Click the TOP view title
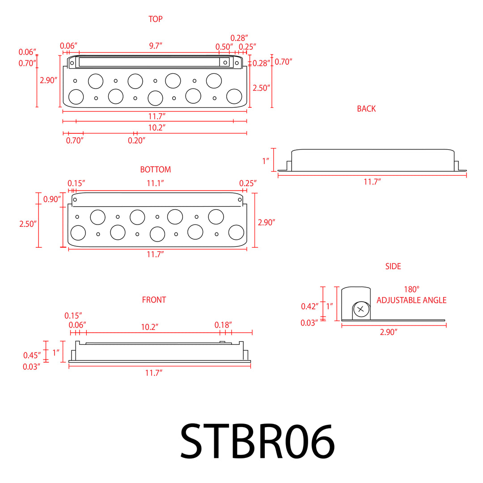pyautogui.click(x=156, y=19)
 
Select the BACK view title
pyautogui.click(x=366, y=109)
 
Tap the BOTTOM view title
pyautogui.click(x=155, y=169)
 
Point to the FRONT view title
pyautogui.click(x=154, y=300)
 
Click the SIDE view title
pyautogui.click(x=393, y=266)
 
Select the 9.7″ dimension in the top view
pyautogui.click(x=155, y=46)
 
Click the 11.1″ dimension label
pyautogui.click(x=156, y=183)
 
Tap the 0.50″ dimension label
pyautogui.click(x=224, y=47)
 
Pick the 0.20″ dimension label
pyautogui.click(x=137, y=140)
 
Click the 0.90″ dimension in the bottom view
pyautogui.click(x=52, y=199)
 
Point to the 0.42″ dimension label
pyautogui.click(x=309, y=306)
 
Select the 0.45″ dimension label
pyautogui.click(x=32, y=356)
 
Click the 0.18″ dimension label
pyautogui.click(x=223, y=325)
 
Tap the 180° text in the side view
pyautogui.click(x=411, y=289)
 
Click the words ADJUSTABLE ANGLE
pyautogui.click(x=411, y=300)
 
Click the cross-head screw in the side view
pyautogui.click(x=361, y=309)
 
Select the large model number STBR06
pyautogui.click(x=257, y=441)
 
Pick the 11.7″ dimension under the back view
pyautogui.click(x=372, y=182)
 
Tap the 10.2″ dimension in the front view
pyautogui.click(x=150, y=327)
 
